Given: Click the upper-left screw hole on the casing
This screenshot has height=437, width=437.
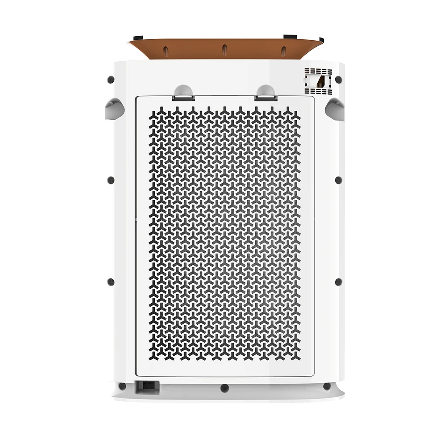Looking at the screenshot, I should [x=111, y=80].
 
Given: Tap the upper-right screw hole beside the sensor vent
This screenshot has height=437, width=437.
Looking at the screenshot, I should [x=338, y=80].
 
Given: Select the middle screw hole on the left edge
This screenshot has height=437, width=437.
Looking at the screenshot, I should [x=111, y=180].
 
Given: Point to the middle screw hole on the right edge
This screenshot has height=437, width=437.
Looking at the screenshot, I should [x=338, y=180].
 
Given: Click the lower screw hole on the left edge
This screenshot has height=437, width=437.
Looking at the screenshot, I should [x=111, y=282].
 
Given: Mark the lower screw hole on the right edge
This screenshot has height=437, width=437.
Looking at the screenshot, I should [x=338, y=282].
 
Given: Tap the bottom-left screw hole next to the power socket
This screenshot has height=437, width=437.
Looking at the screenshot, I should [x=122, y=386].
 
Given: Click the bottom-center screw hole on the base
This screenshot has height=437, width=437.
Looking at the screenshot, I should [x=225, y=388].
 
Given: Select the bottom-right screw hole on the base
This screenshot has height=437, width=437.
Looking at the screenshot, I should [x=327, y=386].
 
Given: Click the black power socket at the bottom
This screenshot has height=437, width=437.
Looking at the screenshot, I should [x=147, y=386].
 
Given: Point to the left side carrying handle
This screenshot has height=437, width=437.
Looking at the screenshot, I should [x=114, y=108].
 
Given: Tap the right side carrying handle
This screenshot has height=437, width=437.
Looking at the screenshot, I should [x=335, y=108].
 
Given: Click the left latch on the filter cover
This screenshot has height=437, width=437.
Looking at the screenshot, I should [x=184, y=93].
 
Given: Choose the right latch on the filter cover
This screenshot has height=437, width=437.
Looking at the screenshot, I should [x=266, y=93].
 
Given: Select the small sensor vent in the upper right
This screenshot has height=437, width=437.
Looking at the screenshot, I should [x=318, y=81].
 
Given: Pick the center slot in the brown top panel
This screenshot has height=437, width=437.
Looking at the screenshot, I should [x=224, y=49].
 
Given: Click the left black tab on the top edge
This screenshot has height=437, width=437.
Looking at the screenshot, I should [x=138, y=38].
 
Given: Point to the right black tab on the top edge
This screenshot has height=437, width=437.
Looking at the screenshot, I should [x=290, y=37].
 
